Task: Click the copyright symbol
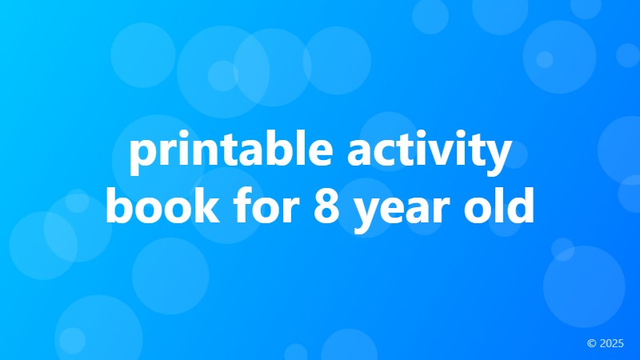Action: [591, 343]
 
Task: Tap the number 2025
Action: [611, 343]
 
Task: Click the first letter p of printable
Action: [142, 158]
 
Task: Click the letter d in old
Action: [519, 203]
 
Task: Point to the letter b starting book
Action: [118, 203]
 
